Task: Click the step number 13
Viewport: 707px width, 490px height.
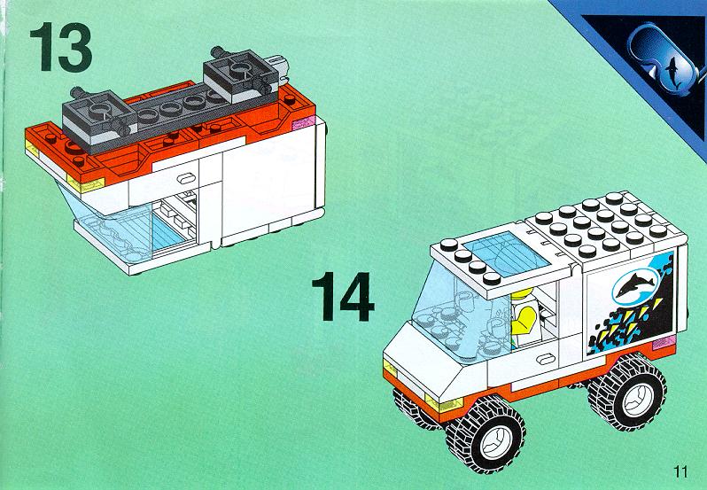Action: point(61,47)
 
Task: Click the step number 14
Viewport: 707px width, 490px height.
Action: point(343,296)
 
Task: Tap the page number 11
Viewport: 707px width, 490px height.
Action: point(680,472)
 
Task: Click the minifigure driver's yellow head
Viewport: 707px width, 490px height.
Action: point(522,295)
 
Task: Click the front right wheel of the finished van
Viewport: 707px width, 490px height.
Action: point(486,435)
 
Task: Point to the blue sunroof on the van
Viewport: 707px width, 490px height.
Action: point(506,253)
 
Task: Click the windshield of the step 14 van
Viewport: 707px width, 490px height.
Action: point(455,311)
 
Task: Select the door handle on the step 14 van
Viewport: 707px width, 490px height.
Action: point(547,359)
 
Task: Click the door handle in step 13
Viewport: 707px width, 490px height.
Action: point(186,178)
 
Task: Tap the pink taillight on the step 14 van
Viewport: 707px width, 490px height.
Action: point(664,343)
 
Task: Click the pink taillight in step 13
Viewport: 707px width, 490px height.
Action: point(303,122)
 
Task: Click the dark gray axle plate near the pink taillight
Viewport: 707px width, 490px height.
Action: point(241,74)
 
